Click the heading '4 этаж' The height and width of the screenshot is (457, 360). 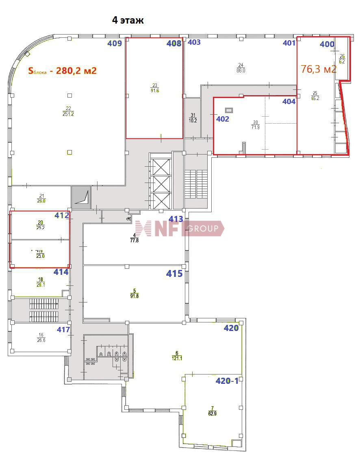(x=128, y=20)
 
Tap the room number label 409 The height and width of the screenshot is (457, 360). (x=115, y=44)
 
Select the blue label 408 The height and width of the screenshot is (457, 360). (x=174, y=44)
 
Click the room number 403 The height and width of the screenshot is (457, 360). (x=194, y=42)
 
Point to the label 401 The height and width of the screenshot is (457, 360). (x=289, y=43)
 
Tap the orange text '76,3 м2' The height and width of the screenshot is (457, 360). (x=319, y=69)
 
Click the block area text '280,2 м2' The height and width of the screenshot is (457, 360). (x=76, y=71)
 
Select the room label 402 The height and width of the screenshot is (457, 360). (x=223, y=119)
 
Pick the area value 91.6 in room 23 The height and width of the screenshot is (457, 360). (x=154, y=91)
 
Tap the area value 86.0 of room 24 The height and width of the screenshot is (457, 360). (x=241, y=70)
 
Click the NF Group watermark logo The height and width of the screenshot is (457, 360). (x=179, y=228)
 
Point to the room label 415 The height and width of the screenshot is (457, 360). (x=174, y=274)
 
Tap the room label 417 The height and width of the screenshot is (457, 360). (x=63, y=330)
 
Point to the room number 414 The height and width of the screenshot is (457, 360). (x=61, y=272)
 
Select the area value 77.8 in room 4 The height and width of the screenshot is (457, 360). (x=134, y=240)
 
